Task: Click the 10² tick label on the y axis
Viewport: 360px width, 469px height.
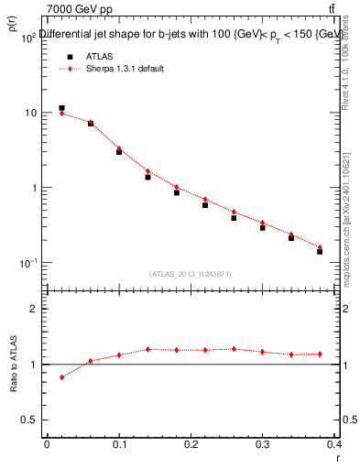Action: click(x=27, y=38)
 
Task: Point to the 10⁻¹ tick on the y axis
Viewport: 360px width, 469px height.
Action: click(x=27, y=263)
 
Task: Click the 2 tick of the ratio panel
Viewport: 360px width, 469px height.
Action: click(x=35, y=309)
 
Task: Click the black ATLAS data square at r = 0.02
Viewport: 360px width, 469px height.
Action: click(x=61, y=108)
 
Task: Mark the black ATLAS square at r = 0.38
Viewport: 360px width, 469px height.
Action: click(x=320, y=251)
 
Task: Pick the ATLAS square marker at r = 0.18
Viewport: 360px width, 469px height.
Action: click(x=177, y=192)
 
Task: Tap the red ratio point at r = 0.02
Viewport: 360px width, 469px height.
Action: click(x=61, y=377)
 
